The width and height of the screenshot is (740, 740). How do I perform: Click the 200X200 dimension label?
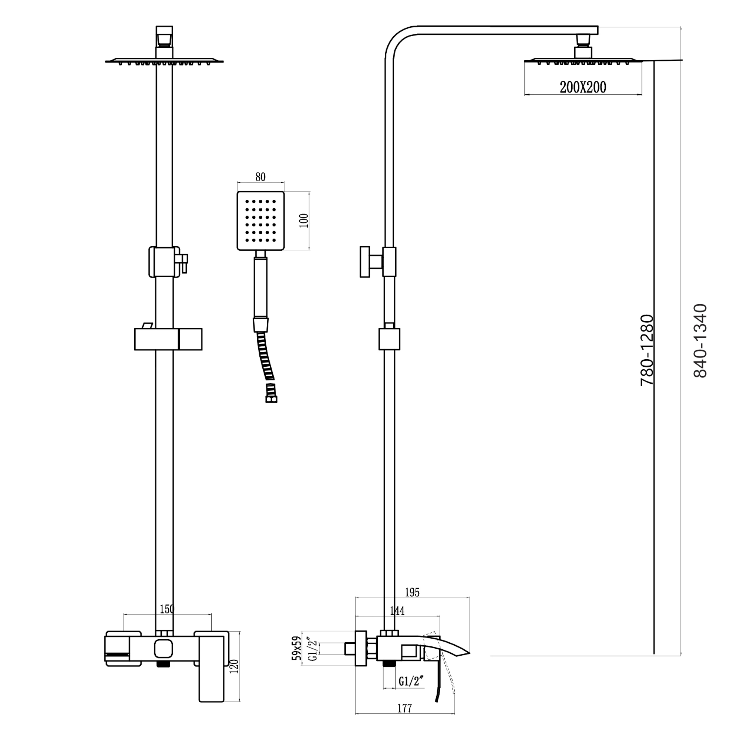click(583, 87)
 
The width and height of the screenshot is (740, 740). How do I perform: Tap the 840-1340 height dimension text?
click(700, 341)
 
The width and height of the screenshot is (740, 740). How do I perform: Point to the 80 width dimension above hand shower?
click(260, 177)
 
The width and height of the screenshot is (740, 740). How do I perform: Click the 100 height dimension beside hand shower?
click(304, 221)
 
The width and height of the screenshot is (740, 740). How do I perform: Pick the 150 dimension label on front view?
click(167, 609)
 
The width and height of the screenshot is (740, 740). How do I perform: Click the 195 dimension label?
click(412, 592)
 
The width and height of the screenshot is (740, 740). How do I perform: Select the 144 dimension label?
click(397, 610)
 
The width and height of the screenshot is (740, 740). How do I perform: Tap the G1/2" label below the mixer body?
click(411, 682)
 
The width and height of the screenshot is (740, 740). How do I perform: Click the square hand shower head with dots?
click(260, 221)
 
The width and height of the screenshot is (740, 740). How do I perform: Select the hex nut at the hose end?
click(271, 399)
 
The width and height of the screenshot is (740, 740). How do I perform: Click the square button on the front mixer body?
click(164, 649)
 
